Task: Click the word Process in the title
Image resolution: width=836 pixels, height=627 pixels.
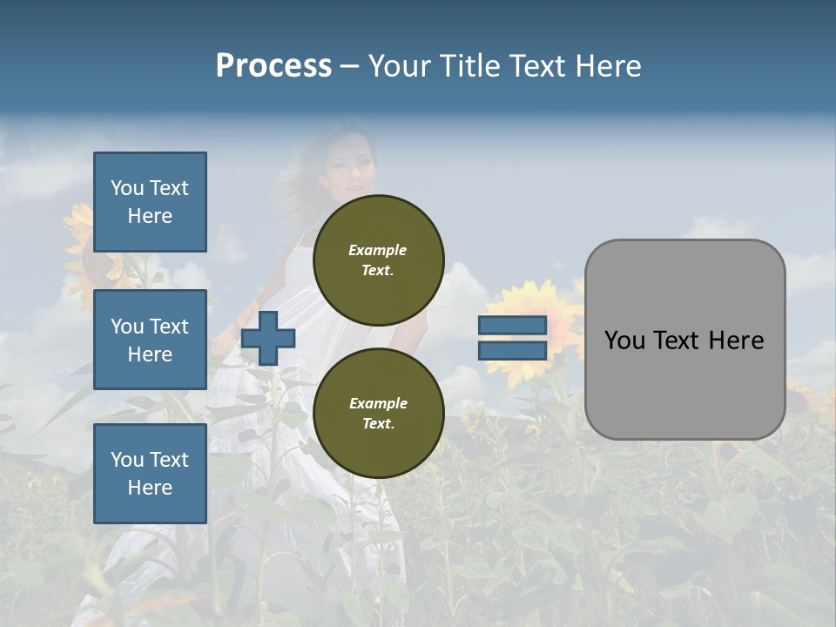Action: (273, 66)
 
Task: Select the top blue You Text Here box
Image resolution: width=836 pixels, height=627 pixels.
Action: (150, 202)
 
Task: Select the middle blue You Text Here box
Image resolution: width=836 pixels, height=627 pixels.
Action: (150, 340)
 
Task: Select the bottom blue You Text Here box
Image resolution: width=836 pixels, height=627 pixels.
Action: (150, 474)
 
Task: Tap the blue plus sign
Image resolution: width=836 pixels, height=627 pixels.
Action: (268, 338)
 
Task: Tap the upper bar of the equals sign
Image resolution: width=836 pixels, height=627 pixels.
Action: (512, 325)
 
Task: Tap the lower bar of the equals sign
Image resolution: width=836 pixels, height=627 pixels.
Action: (512, 351)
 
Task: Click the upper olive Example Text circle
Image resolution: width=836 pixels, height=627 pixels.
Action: (378, 260)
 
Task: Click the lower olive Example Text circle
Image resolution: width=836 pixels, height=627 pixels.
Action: (378, 413)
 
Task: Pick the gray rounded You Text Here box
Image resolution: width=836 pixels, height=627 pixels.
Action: (684, 340)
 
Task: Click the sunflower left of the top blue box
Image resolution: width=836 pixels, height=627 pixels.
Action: (78, 228)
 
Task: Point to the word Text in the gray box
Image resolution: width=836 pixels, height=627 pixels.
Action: (682, 340)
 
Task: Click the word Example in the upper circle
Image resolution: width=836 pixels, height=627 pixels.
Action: (378, 250)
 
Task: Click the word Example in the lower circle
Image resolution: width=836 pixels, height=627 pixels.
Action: (378, 403)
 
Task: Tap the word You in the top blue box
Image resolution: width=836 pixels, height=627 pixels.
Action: (126, 188)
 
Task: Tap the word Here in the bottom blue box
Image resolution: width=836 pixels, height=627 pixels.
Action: (150, 488)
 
